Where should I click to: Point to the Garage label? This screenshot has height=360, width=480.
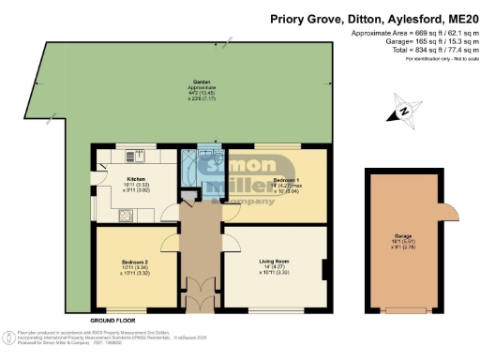click(404, 235)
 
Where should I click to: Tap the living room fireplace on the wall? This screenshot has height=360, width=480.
click(324, 269)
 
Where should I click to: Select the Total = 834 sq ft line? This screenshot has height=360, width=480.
click(412, 52)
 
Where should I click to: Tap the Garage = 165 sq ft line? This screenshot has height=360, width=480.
click(412, 42)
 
